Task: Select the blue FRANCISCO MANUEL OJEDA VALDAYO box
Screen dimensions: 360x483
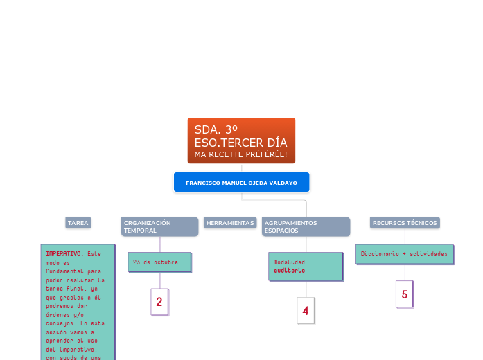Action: (241, 183)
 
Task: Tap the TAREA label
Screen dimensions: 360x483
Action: (78, 223)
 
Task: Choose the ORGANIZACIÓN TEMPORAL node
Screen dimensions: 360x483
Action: (159, 226)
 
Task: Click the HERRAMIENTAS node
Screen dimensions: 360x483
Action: (230, 223)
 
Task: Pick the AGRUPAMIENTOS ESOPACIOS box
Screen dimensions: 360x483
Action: (306, 226)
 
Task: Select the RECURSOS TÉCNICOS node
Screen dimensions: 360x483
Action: (405, 223)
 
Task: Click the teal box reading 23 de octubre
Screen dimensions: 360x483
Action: (159, 262)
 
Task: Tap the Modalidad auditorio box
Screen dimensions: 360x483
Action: (306, 266)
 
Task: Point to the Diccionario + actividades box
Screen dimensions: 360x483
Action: (405, 254)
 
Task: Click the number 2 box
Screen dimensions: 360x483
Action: (159, 302)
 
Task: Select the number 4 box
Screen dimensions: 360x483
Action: (306, 311)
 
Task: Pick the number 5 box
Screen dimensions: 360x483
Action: (405, 294)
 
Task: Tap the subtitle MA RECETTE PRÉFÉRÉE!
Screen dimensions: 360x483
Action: (240, 153)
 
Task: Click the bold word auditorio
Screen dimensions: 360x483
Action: (289, 271)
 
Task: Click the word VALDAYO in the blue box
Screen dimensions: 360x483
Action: (284, 183)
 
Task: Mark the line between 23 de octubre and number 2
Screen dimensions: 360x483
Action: (160, 280)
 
